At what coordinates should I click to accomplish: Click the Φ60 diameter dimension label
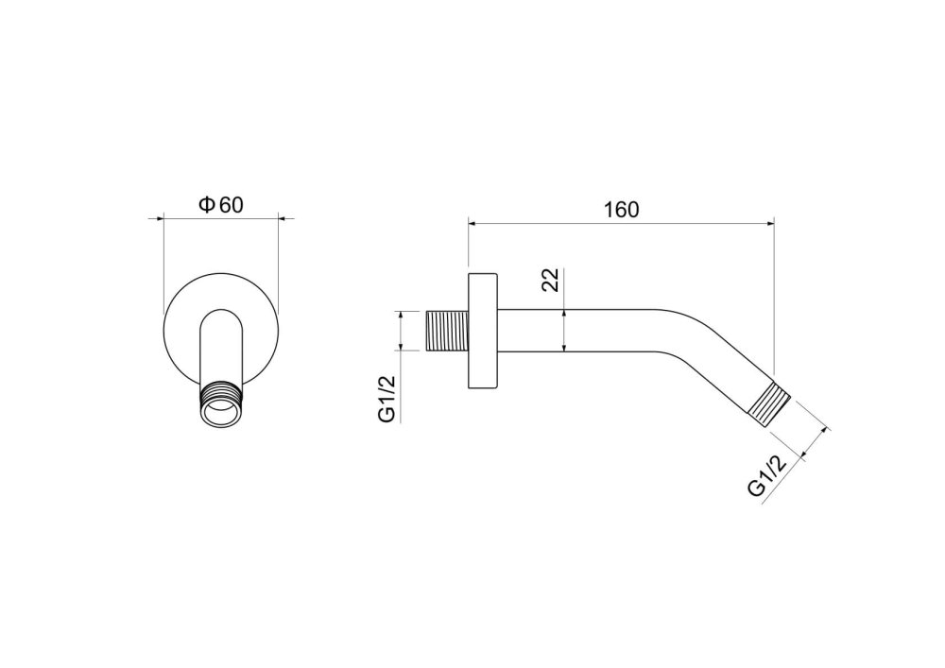[221, 205]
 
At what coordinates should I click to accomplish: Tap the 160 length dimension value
[621, 210]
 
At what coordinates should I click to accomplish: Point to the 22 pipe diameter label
[550, 280]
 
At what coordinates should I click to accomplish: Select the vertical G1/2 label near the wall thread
[387, 398]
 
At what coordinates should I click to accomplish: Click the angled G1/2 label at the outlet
[768, 474]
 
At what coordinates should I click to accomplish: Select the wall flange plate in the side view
[483, 331]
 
